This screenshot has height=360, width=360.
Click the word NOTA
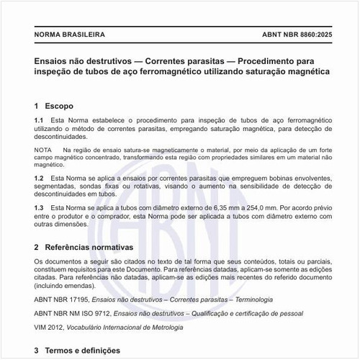pos(43,149)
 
